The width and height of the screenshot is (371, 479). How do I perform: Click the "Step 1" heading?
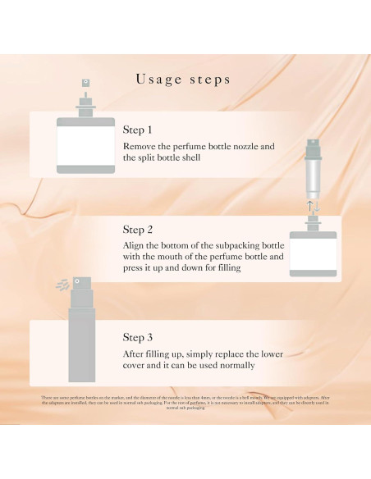tap(138, 130)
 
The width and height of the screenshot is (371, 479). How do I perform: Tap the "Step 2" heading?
tap(138, 229)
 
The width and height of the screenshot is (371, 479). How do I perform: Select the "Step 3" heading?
tap(138, 336)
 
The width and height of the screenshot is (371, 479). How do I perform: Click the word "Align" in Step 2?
tap(137, 244)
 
